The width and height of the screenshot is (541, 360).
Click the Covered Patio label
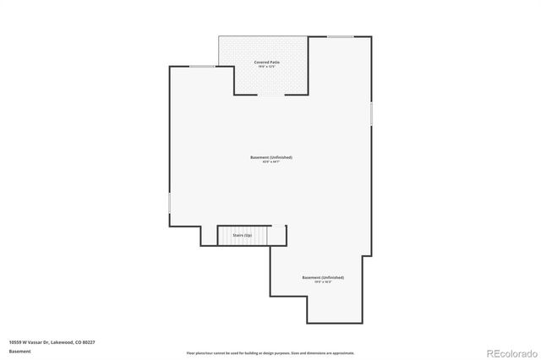coord(270,63)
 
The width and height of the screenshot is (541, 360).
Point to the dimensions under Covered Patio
coord(270,67)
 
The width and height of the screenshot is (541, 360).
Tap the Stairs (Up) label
coord(243,235)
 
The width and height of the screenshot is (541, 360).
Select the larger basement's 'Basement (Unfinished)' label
coord(271,157)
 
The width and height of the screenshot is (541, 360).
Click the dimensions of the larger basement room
coord(271,162)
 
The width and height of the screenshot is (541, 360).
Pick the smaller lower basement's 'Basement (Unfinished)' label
coord(323,277)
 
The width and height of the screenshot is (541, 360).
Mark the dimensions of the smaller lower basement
coord(323,282)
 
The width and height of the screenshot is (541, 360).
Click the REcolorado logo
coord(511,352)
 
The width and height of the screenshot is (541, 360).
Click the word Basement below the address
coord(19,351)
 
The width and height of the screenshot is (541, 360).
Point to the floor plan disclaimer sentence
coord(270,352)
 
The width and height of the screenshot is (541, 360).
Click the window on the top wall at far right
coord(341,36)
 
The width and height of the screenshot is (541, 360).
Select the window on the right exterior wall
coord(371,113)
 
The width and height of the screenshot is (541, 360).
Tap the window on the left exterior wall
coord(170,204)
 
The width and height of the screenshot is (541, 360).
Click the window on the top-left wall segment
coord(201,67)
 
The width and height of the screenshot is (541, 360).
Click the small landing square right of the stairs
coord(278,235)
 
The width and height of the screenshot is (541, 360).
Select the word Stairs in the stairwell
coord(238,235)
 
